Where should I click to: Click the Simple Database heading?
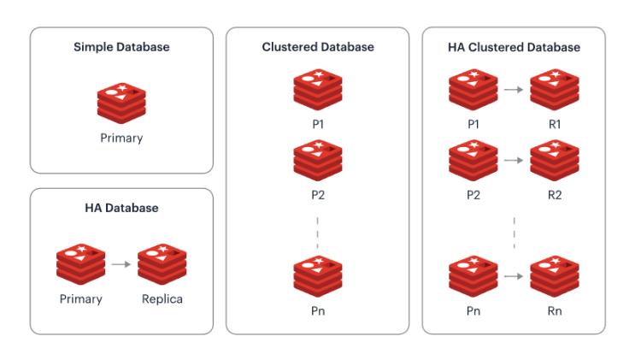coord(121,47)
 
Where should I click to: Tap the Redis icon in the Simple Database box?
coord(121,103)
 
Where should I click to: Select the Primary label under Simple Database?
coord(121,139)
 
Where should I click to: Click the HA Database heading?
coord(121,208)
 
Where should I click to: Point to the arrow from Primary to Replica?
coord(121,264)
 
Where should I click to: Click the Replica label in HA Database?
coord(162,299)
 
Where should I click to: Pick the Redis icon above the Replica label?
coord(162,264)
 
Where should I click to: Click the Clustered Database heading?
coord(318,47)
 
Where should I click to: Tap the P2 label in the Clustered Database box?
coord(318,194)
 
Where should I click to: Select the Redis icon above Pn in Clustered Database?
coord(318,276)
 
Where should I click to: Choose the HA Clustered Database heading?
coord(514,47)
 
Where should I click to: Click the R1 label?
coord(555,124)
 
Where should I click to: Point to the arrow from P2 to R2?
coord(514,160)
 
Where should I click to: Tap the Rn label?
coord(555,311)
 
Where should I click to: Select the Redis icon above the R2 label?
coord(555,160)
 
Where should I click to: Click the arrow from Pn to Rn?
coord(514,276)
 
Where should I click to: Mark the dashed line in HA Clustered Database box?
coord(514,232)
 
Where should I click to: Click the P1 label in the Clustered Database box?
coord(318,124)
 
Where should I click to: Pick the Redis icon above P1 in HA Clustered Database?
coord(473,89)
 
